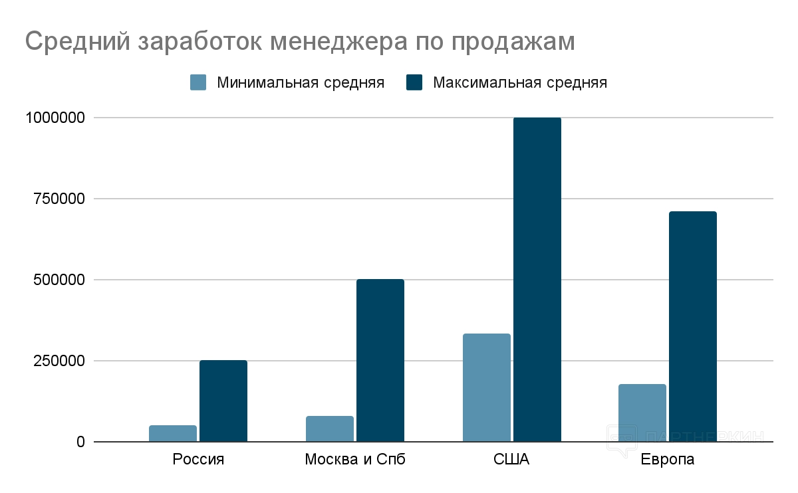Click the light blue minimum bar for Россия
(x=173, y=433)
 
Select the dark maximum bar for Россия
(x=223, y=401)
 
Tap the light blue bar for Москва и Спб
(x=330, y=429)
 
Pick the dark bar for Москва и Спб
(x=380, y=360)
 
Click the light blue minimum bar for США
(x=487, y=387)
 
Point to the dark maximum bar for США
(x=537, y=279)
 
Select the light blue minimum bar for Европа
(x=642, y=413)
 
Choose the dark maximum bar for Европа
(x=693, y=326)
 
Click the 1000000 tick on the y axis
(x=56, y=118)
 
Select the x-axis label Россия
(x=198, y=460)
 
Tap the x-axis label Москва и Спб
(x=355, y=460)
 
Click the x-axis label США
(x=512, y=460)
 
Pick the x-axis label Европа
(x=668, y=460)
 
